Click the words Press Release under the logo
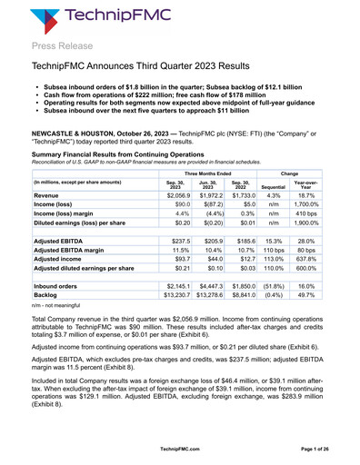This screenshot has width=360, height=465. pos(63,45)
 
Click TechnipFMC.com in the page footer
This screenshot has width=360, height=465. pos(179,449)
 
